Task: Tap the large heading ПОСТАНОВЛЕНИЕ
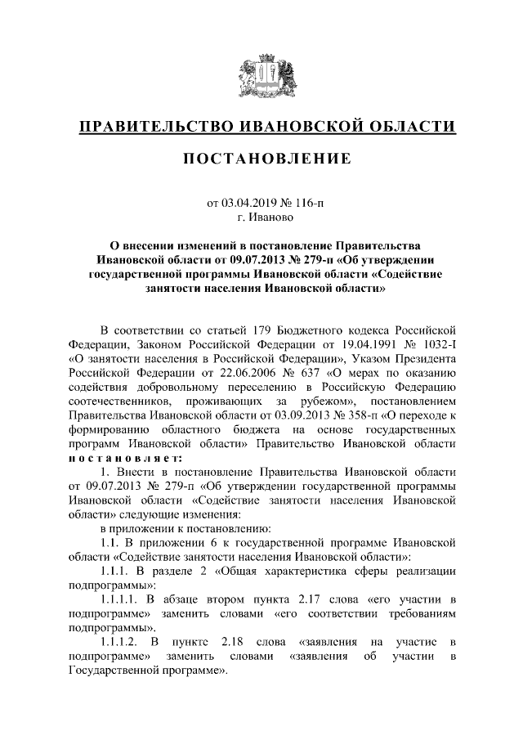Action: tap(261, 158)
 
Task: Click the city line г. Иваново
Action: tap(261, 217)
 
